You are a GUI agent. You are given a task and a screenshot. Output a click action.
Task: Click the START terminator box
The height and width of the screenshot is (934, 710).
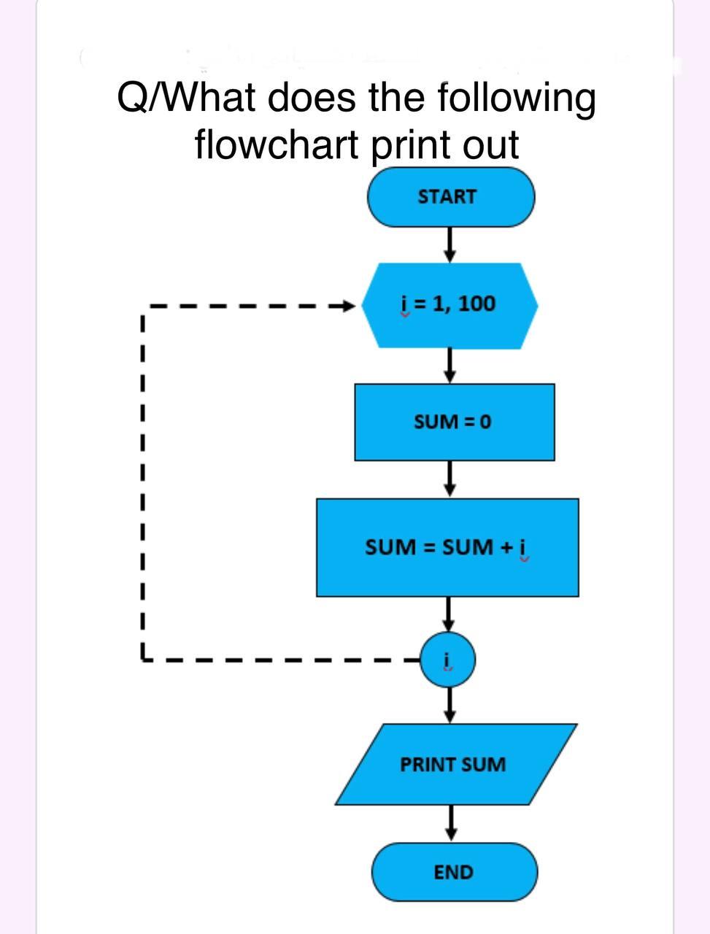(x=450, y=197)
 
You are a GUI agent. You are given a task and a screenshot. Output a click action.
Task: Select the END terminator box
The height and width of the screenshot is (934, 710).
(x=454, y=872)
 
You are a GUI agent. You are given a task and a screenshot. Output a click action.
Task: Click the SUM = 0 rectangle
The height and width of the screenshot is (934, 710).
(x=453, y=422)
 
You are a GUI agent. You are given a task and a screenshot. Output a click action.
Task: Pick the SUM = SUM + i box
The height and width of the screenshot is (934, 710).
(x=447, y=547)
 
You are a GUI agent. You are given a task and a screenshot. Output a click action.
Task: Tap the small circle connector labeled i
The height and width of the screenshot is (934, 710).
(x=448, y=660)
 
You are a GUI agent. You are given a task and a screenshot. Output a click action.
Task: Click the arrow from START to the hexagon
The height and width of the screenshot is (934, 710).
(x=450, y=244)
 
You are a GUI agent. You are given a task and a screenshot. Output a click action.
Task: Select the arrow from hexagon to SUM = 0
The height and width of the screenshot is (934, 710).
(x=450, y=365)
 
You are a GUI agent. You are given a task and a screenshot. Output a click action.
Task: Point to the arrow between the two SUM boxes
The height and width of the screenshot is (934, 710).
(x=450, y=479)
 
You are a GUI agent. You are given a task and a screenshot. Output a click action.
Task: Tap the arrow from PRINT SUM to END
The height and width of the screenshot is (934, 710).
(x=452, y=822)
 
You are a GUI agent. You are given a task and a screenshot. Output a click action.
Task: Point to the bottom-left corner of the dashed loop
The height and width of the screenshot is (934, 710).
(x=144, y=657)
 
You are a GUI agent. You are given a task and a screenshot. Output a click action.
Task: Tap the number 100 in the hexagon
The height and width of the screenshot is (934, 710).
(x=477, y=303)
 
